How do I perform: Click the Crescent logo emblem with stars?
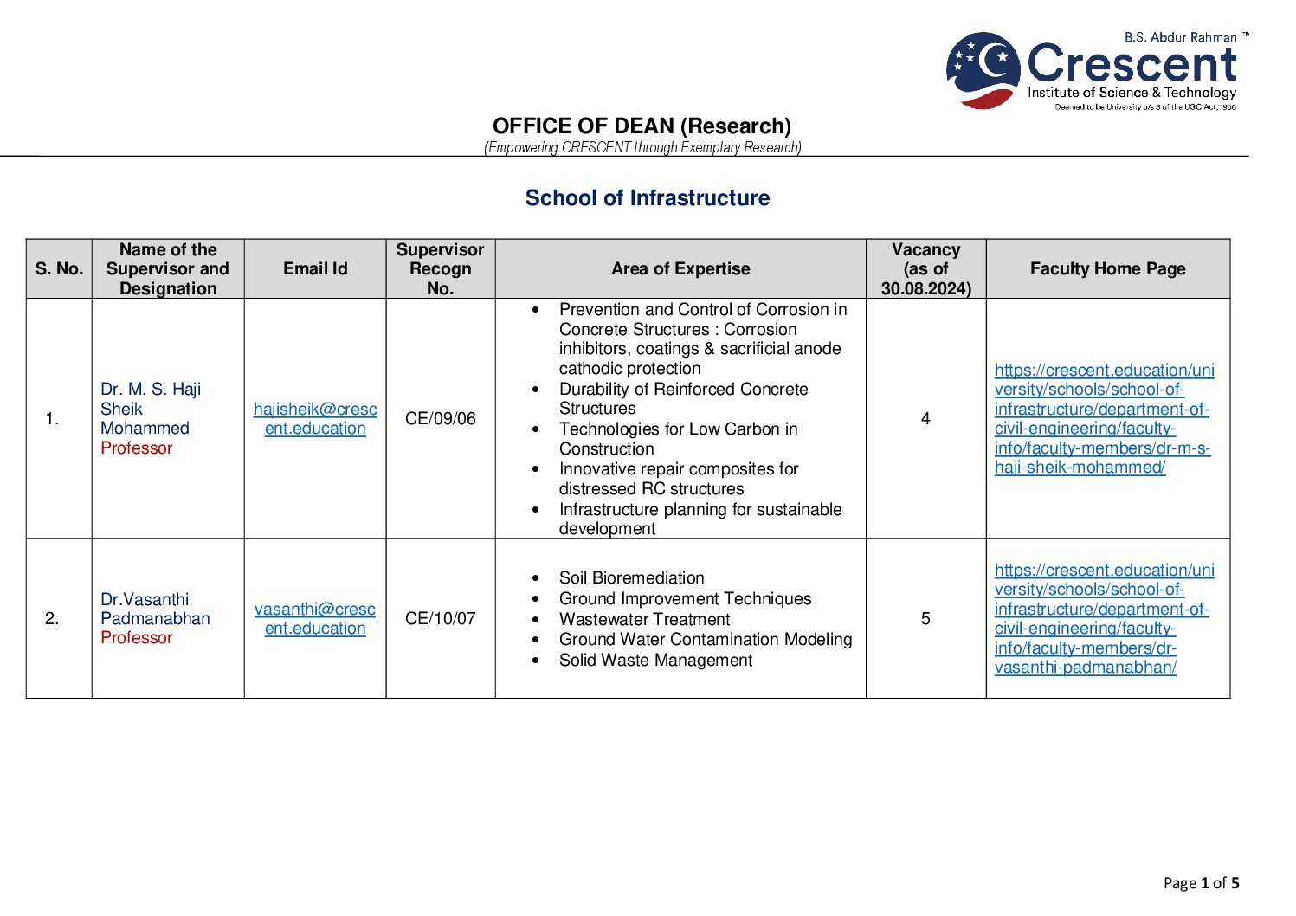983,70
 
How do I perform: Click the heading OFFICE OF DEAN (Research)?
642,126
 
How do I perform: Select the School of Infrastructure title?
647,198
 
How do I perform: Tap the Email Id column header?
315,269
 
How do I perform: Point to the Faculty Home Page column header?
1107,269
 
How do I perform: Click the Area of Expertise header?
680,269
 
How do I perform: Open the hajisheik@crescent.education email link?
315,419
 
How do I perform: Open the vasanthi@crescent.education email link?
315,619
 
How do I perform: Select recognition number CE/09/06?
440,419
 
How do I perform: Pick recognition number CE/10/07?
440,619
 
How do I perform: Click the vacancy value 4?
925,419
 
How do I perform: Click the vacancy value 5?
925,619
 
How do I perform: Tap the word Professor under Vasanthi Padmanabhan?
137,638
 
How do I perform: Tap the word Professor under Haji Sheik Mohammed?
137,448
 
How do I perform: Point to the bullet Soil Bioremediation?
631,578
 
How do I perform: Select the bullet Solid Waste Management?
655,661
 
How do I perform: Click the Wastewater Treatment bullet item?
644,620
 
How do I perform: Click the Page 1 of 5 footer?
1201,883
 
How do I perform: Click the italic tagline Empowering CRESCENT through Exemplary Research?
642,148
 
